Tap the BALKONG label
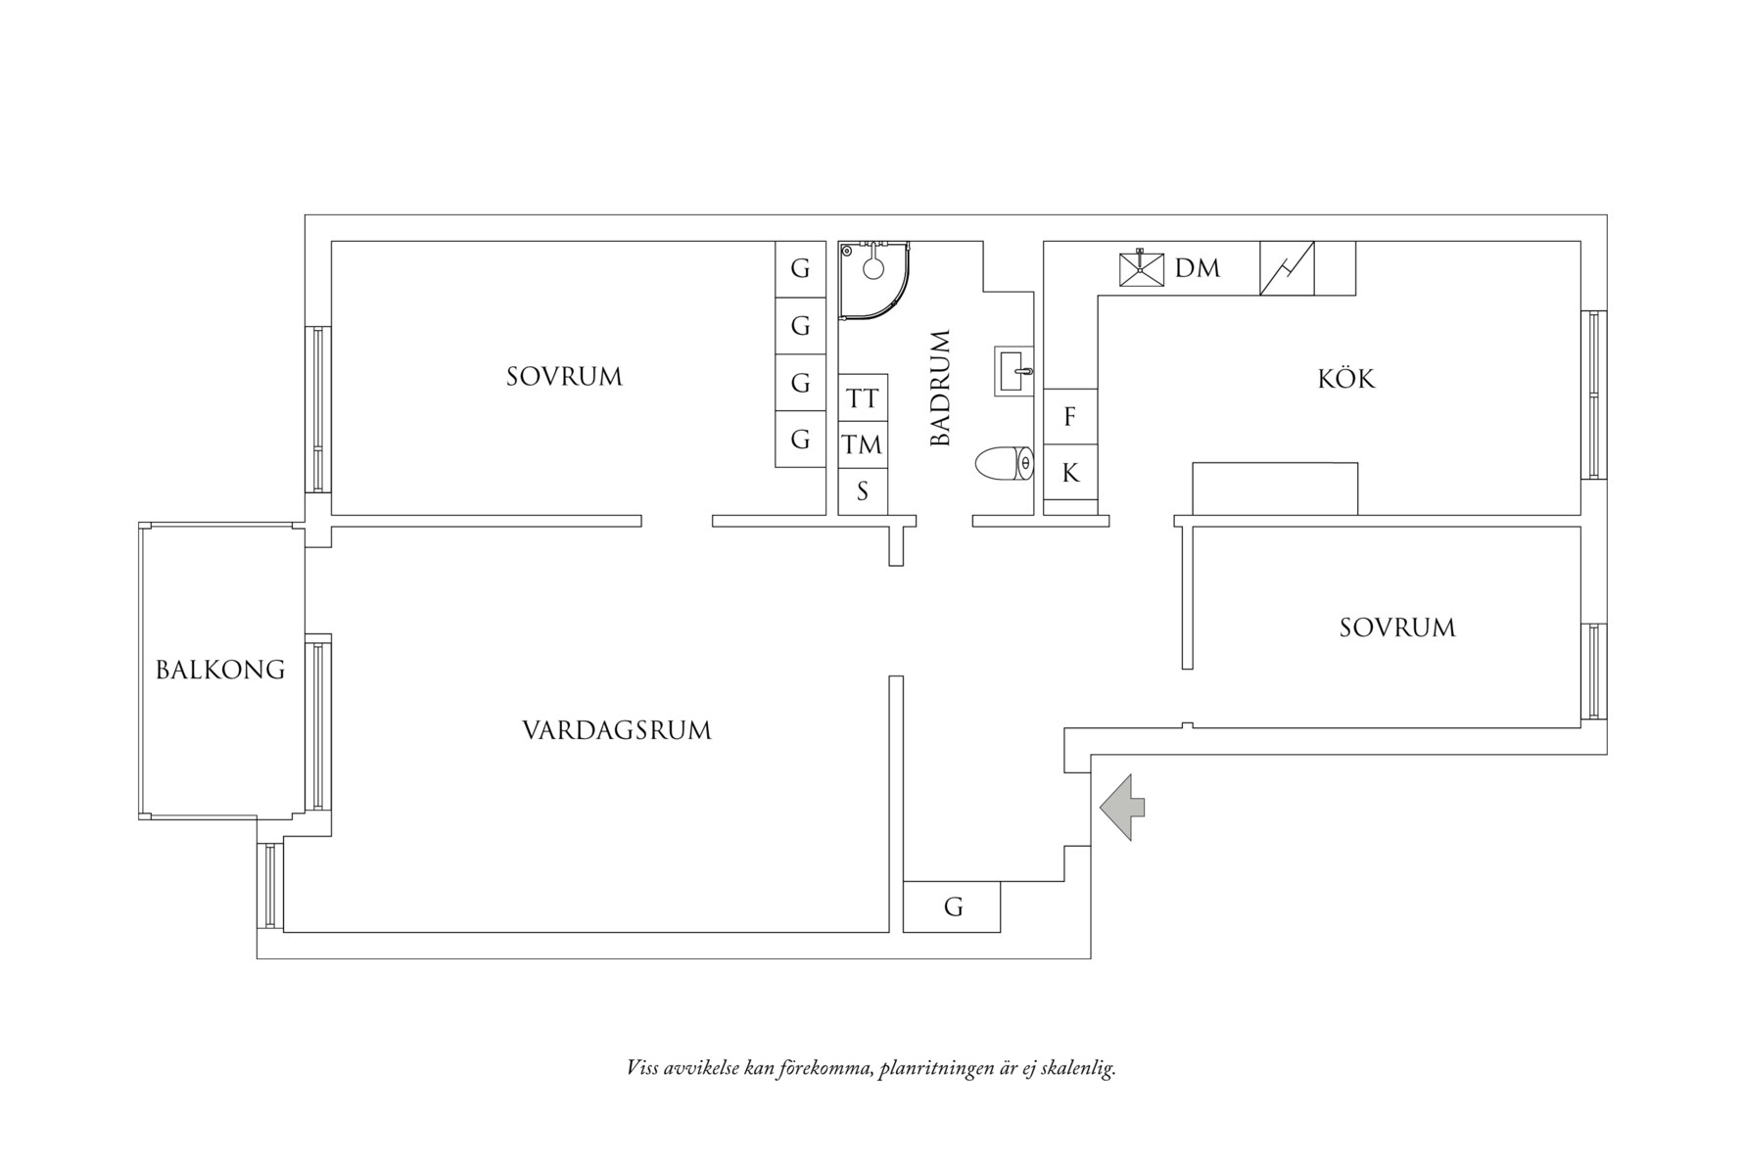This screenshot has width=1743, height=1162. (x=220, y=670)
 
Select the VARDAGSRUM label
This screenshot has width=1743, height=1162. (x=616, y=730)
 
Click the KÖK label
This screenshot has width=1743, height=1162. (x=1345, y=379)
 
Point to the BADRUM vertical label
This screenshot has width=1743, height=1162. (x=940, y=389)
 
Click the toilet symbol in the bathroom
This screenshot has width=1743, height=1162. (x=1005, y=463)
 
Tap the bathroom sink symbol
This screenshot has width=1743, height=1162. (x=1013, y=371)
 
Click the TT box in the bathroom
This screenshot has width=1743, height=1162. (x=863, y=398)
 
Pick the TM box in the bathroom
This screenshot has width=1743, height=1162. (x=863, y=445)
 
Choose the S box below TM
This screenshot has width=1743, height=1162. (x=863, y=491)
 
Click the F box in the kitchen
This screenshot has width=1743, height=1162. (x=1070, y=417)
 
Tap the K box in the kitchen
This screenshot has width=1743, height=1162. (x=1070, y=473)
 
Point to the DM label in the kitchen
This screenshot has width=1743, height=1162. (x=1197, y=267)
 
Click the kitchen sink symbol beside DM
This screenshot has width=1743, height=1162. (x=1142, y=268)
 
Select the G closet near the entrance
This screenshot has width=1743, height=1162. (x=952, y=906)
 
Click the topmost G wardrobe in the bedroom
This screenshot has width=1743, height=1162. (x=800, y=268)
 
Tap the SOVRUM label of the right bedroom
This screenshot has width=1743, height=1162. (x=1396, y=627)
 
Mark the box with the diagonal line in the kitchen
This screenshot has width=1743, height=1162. (x=1287, y=268)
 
